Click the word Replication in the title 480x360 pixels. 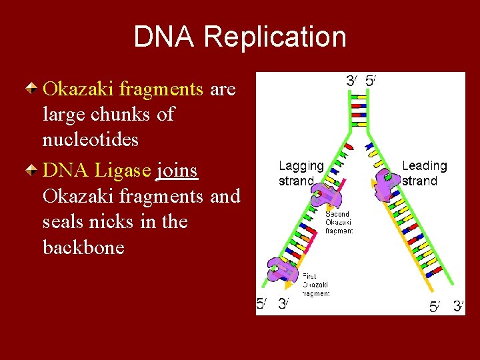(275, 37)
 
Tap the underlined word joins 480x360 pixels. (176, 171)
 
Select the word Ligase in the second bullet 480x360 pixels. (123, 171)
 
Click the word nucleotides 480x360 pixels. (91, 140)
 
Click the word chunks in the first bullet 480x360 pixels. (121, 114)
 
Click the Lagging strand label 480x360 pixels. (301, 173)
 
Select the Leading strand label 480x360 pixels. (424, 173)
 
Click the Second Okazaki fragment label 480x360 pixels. (339, 222)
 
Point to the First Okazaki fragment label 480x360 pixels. (315, 285)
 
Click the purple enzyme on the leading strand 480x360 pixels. (386, 183)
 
